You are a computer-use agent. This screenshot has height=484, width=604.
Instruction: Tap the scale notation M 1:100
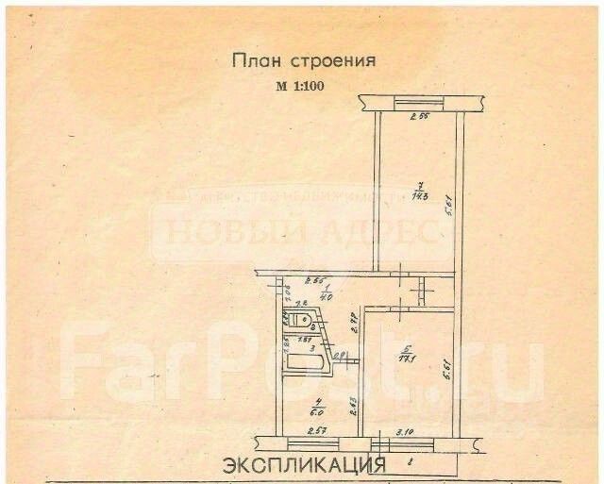pos(304,86)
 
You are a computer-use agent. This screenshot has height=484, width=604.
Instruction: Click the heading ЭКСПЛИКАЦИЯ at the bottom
pos(304,465)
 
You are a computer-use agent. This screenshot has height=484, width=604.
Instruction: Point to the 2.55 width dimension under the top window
pos(419,119)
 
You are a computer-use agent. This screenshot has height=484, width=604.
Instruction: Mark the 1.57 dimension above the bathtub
pos(307,339)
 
